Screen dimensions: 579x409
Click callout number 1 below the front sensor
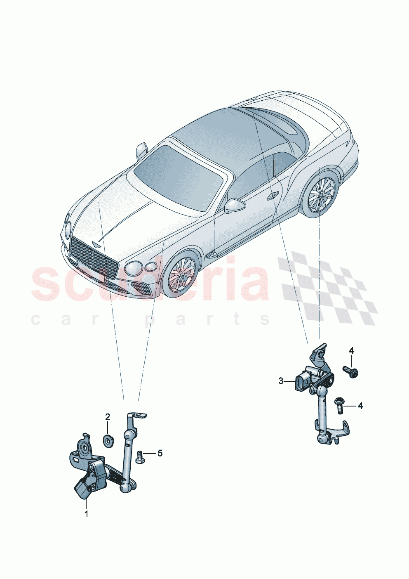pyautogui.click(x=87, y=514)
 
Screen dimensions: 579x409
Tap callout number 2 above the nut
pyautogui.click(x=108, y=417)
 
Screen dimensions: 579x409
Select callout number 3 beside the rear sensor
pyautogui.click(x=281, y=381)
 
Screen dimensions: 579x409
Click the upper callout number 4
pyautogui.click(x=351, y=351)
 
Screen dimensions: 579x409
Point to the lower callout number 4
pyautogui.click(x=360, y=406)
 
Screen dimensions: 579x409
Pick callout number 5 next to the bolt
pyautogui.click(x=160, y=453)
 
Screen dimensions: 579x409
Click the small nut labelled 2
pyautogui.click(x=108, y=441)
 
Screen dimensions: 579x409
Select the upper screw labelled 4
pyautogui.click(x=350, y=371)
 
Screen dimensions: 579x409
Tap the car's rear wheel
pyautogui.click(x=322, y=194)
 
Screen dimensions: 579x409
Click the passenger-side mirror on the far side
pyautogui.click(x=141, y=150)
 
